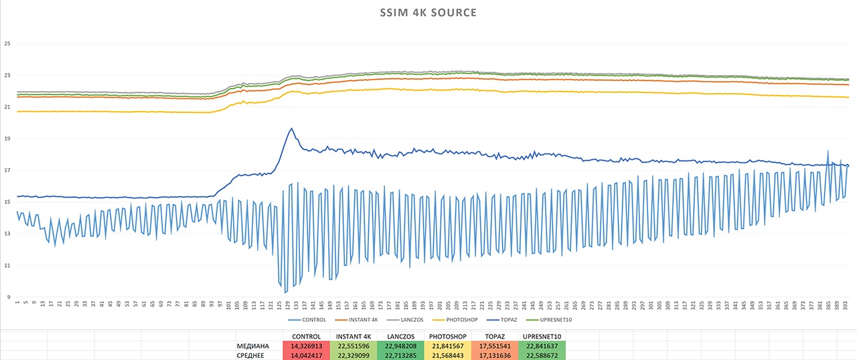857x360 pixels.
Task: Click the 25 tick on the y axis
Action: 7,44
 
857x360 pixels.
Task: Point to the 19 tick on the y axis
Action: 7,139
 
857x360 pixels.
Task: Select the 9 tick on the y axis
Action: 9,297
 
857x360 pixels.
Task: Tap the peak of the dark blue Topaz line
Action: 291,128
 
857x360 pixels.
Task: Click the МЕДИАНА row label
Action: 253,346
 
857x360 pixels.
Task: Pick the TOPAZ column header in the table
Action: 494,337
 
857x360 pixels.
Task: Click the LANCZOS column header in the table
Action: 400,337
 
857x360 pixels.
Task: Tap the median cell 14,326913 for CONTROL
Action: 307,346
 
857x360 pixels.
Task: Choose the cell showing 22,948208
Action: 400,346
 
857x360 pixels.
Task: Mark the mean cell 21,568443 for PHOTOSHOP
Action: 447,355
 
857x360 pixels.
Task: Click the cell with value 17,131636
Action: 494,355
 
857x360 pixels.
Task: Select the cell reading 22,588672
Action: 542,355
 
